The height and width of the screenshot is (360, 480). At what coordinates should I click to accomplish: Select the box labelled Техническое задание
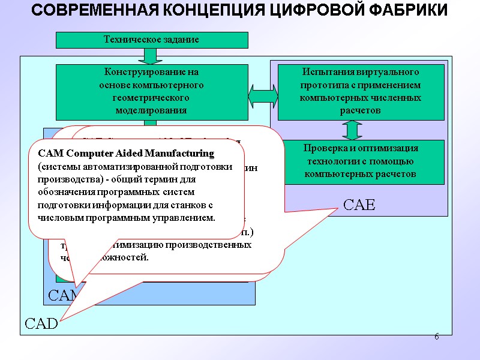(x=151, y=40)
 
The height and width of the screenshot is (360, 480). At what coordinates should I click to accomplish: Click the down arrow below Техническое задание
(x=150, y=56)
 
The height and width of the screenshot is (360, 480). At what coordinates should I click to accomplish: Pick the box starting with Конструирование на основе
(x=151, y=92)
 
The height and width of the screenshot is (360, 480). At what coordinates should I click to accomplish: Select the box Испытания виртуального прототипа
(x=360, y=91)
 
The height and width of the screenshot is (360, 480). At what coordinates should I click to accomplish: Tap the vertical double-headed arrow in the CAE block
(x=353, y=130)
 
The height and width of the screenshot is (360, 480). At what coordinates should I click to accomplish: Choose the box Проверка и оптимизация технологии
(x=360, y=161)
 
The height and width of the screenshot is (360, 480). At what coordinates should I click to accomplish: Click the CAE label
(x=359, y=205)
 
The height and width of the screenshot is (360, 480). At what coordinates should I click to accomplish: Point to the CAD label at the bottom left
(x=41, y=324)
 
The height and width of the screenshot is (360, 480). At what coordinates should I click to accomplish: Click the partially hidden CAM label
(x=60, y=295)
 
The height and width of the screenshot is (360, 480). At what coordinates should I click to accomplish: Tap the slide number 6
(x=437, y=337)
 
